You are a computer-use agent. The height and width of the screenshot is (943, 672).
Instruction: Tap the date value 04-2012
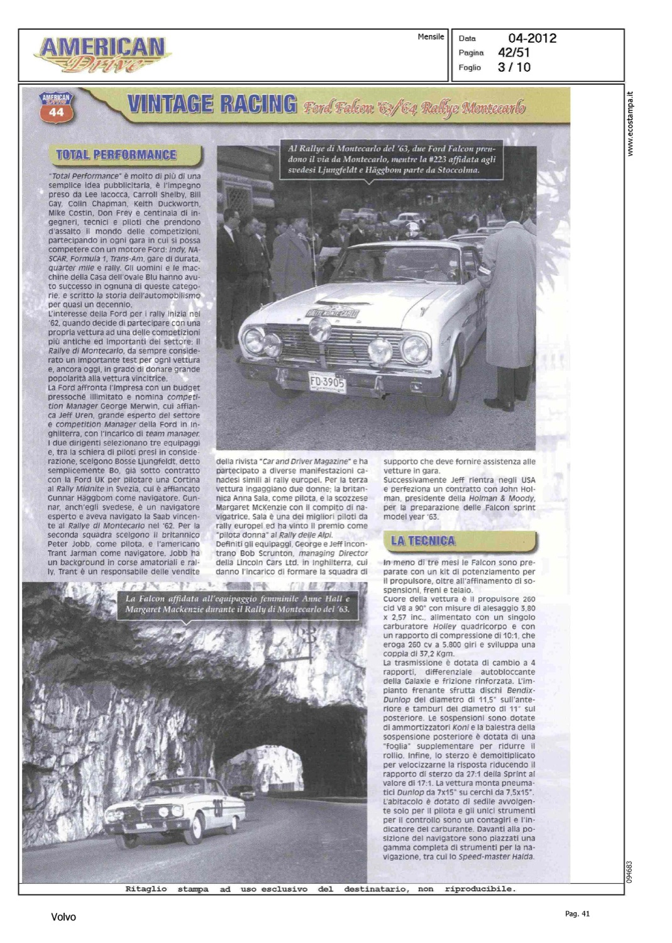coord(532,38)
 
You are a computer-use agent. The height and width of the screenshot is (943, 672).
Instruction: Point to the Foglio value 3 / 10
coord(514,67)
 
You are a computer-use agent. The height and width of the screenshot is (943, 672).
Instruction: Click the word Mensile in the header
coord(431,37)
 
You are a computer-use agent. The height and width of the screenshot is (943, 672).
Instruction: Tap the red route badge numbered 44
coord(56,108)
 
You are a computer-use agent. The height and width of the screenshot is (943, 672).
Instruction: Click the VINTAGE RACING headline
coord(212,104)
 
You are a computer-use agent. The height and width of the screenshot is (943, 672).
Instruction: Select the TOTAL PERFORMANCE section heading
coord(116,155)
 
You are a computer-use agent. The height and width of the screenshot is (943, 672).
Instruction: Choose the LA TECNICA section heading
coord(422,541)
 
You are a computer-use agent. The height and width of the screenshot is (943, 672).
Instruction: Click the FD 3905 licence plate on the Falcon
coord(327,381)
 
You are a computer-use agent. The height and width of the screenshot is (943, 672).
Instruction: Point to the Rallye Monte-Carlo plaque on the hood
coord(332,312)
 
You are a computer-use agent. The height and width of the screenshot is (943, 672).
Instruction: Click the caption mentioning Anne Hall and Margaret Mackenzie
coord(238,604)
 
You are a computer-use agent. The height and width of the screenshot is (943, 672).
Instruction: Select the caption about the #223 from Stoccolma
coord(392,159)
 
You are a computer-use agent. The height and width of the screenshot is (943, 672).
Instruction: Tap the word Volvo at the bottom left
coord(63,917)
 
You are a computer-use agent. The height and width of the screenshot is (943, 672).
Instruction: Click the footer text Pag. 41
coord(577,913)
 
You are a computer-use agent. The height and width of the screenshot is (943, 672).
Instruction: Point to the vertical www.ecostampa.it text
coord(631,123)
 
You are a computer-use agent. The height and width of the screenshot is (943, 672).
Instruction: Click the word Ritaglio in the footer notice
coord(146,889)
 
